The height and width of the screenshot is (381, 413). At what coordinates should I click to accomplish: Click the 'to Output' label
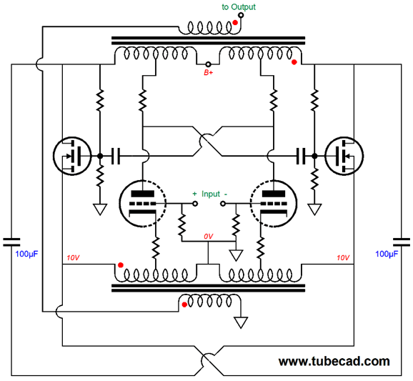[239, 7]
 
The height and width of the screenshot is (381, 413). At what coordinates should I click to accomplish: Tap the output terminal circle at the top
[241, 15]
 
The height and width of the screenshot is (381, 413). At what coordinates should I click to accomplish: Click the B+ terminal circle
[208, 64]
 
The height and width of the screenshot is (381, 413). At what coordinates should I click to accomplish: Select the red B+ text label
[209, 72]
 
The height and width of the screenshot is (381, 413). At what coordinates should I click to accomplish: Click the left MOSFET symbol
[72, 156]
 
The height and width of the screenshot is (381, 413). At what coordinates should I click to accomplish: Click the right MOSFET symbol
[344, 156]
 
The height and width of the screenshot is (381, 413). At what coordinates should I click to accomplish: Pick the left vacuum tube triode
[142, 204]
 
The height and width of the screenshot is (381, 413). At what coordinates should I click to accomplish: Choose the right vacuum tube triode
[274, 204]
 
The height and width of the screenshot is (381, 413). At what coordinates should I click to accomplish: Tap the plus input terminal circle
[195, 204]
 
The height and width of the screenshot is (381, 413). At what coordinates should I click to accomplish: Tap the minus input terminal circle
[223, 204]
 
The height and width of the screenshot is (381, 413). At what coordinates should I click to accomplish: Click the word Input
[211, 194]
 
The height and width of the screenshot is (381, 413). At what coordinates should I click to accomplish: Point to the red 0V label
[209, 237]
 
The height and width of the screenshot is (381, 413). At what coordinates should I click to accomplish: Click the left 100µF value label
[26, 254]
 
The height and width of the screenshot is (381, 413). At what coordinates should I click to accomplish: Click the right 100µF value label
[387, 254]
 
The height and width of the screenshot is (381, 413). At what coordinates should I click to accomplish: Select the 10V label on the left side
[73, 257]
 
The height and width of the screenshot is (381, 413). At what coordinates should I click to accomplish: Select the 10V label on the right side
[343, 257]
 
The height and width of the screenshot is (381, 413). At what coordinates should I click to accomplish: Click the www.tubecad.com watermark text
[334, 361]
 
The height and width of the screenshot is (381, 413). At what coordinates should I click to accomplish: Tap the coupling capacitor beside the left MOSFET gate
[115, 156]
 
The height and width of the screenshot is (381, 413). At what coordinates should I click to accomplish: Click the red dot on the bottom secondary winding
[184, 305]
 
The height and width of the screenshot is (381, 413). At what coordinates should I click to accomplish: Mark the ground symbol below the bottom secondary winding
[241, 322]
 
